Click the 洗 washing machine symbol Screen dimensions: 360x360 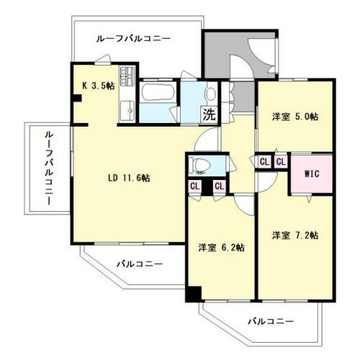210,114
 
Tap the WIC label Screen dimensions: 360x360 312,174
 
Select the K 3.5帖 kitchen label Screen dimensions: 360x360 99,86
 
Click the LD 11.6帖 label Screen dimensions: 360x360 129,178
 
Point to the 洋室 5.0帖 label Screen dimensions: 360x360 295,117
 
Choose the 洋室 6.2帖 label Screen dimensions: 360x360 221,248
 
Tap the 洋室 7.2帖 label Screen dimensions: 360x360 295,235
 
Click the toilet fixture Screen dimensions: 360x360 199,165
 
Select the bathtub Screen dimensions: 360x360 157,92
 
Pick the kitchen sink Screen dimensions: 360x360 127,111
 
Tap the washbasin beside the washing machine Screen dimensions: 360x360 211,93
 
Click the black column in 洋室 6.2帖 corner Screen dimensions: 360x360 194,294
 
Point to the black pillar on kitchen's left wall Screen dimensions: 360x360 77,98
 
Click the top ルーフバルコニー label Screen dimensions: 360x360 133,39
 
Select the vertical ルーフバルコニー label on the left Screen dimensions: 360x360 49,168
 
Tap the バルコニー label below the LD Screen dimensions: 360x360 140,264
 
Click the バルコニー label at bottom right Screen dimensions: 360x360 271,321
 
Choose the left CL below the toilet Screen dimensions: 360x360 195,186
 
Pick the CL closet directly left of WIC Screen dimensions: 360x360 281,162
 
